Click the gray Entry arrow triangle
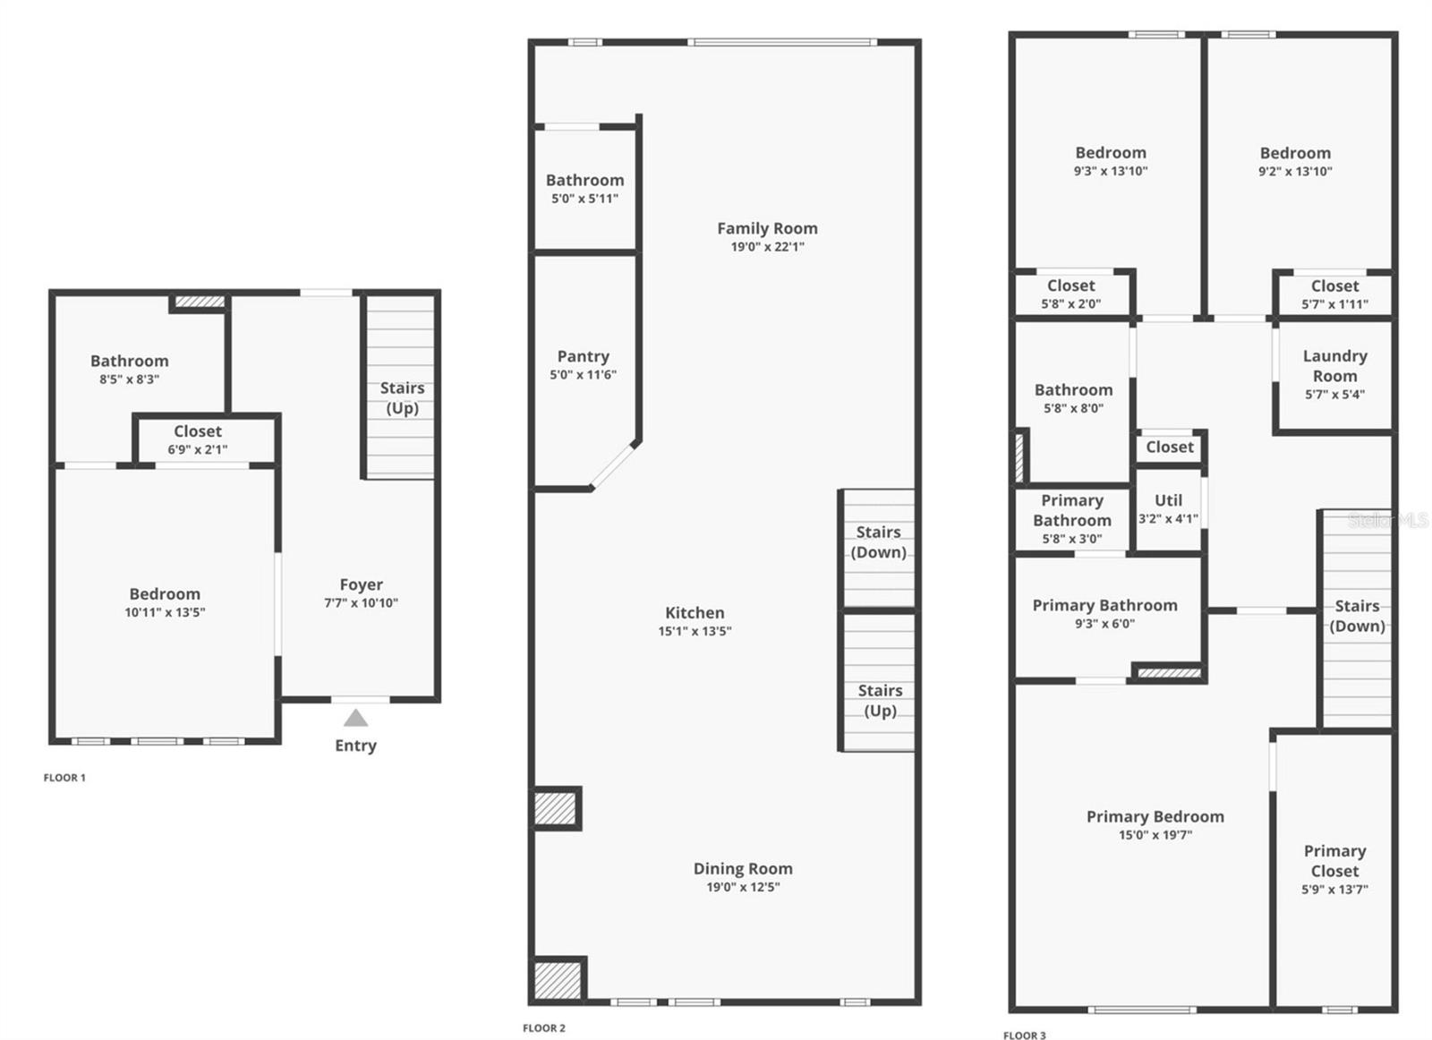355,718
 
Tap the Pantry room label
583,356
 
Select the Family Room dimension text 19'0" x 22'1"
767,247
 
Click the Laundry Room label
1334,366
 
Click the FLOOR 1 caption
64,778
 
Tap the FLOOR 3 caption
1025,1036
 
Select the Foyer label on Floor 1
362,584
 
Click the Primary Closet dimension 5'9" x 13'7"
1334,889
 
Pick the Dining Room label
743,869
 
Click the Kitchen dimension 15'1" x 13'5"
695,632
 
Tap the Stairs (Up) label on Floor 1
402,398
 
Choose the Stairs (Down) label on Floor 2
878,542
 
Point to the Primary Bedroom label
1155,817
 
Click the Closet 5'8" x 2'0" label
1070,286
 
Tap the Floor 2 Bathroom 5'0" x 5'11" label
585,180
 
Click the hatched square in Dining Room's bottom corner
558,980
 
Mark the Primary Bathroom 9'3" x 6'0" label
1104,605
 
